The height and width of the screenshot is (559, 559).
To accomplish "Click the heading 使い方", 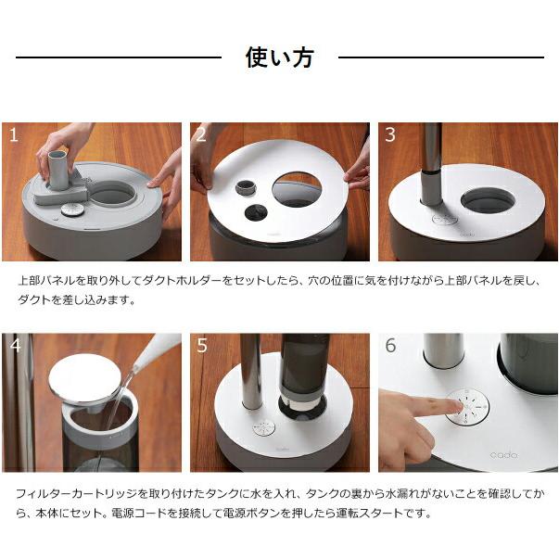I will coord(279,57).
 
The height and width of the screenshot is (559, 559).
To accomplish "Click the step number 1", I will coord(13,135).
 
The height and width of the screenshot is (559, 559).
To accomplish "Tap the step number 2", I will coord(201,135).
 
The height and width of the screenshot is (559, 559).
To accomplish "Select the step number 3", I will coord(389,135).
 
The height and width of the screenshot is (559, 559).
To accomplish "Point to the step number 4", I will coord(13,346).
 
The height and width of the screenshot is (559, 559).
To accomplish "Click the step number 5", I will coord(201,346).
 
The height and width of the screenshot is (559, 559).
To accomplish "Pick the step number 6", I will coord(389,346).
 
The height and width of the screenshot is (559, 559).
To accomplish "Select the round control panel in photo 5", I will coord(264,429).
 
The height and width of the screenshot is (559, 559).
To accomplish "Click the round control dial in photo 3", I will coord(446,221).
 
